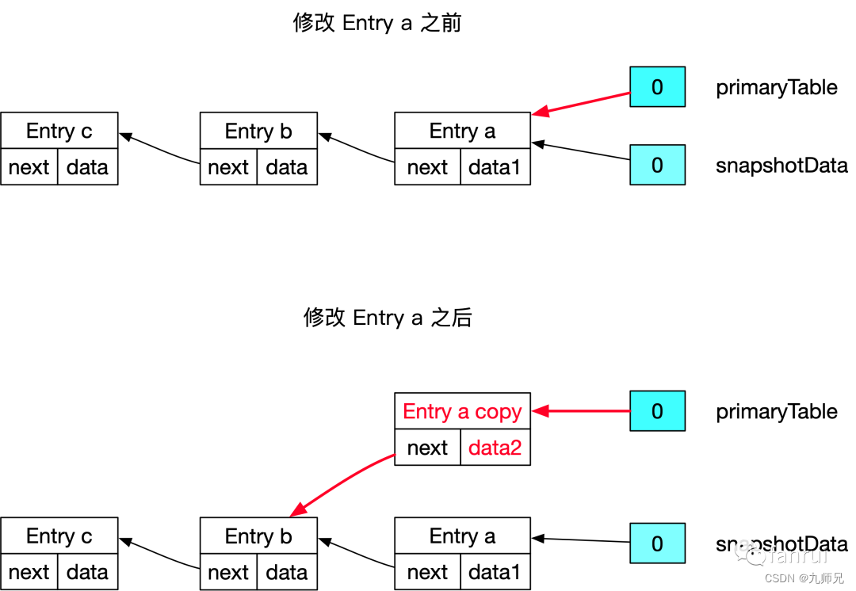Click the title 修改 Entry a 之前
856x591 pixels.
(377, 23)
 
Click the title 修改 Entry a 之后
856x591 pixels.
(388, 318)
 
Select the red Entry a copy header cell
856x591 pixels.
(462, 412)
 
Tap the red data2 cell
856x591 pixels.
(495, 448)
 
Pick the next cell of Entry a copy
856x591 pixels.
(427, 448)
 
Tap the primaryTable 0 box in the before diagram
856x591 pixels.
(657, 86)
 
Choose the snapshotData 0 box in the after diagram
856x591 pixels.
(657, 543)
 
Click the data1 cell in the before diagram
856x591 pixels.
(495, 167)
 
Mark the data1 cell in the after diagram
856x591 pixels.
(495, 572)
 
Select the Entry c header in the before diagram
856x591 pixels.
(59, 131)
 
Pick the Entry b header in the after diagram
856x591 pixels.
(258, 536)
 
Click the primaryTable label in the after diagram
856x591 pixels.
(776, 412)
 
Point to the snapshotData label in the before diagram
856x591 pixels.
(781, 166)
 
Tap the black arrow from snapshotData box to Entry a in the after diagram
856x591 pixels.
(581, 540)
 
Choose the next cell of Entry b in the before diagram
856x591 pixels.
(228, 167)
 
